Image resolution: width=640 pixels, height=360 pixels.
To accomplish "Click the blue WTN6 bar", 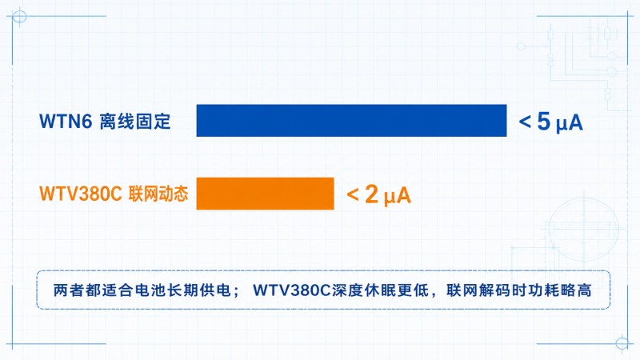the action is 351,121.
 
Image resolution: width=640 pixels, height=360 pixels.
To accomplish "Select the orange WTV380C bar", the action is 266,194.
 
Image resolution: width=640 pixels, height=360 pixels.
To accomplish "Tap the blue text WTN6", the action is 66,122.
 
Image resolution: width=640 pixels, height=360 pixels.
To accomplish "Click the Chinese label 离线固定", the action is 135,122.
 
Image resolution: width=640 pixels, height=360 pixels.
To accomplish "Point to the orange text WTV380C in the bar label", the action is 81,194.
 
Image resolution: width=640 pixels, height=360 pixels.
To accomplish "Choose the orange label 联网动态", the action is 158,194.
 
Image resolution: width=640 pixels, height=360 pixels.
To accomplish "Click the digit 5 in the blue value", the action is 544,121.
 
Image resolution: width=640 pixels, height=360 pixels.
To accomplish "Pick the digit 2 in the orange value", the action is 372,194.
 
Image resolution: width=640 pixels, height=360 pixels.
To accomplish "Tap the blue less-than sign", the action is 525,122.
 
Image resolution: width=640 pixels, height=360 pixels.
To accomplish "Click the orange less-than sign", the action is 353,194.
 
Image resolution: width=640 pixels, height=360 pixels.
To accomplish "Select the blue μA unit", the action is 570,123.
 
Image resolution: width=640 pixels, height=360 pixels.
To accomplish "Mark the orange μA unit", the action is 397,196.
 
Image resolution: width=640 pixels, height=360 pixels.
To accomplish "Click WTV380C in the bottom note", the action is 291,290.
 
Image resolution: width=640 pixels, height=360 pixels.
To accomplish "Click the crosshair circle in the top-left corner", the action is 19,17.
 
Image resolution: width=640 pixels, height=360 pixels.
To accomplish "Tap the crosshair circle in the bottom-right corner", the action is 622,343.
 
